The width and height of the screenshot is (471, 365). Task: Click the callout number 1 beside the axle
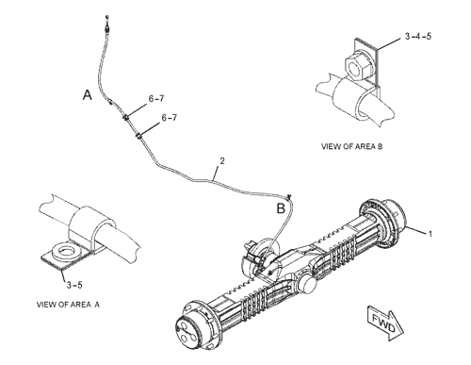coord(430,234)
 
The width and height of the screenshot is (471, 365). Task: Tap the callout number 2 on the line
coord(222,161)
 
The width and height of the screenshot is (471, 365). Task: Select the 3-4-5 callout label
coord(418,36)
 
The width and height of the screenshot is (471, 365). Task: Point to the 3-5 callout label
coord(74,285)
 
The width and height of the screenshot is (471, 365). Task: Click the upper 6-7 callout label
coord(156,99)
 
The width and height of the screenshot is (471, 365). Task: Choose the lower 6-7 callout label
coord(170,118)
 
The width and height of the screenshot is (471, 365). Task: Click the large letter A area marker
coord(88,94)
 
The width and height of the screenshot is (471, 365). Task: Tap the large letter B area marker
coord(281,208)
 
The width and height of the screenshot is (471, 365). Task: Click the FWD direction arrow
coord(385,324)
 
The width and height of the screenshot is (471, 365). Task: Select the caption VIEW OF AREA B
coord(351,146)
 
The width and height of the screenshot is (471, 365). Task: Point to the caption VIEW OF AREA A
coord(68,305)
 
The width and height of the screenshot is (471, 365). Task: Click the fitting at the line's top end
coord(107,28)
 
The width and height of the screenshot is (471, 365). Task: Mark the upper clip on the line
coord(125,118)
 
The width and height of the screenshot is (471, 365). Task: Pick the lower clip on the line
coord(138,136)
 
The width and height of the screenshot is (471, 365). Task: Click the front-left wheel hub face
coord(187,333)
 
